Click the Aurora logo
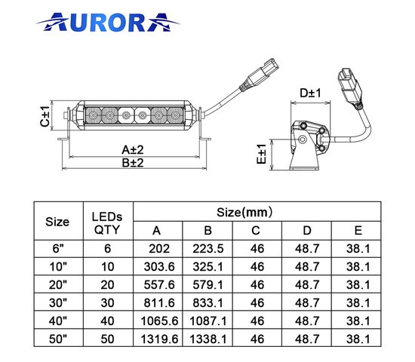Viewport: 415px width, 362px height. click(108, 22)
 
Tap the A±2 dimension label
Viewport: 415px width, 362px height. click(133, 150)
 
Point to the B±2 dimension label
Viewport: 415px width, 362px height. click(133, 162)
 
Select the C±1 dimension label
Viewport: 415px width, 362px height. click(45, 116)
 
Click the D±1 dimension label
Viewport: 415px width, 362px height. click(310, 93)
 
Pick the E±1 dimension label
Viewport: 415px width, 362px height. click(262, 154)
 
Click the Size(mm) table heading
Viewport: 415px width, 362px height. click(244, 212)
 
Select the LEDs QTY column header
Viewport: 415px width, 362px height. click(107, 223)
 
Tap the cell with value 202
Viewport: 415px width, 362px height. click(159, 249)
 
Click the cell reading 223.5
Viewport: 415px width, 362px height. click(208, 249)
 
